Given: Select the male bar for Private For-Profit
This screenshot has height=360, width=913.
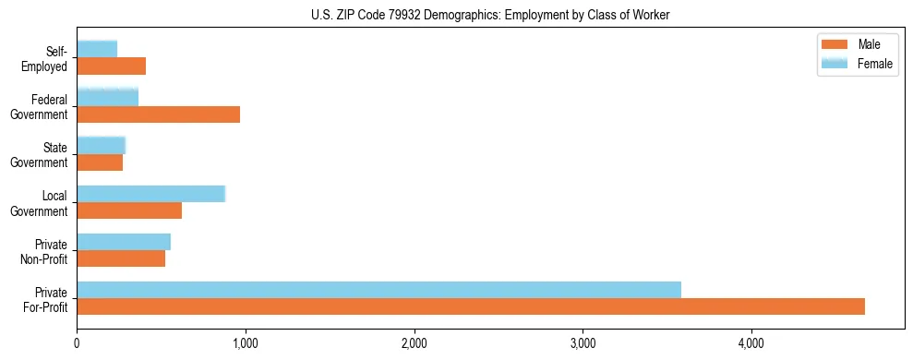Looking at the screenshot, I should pyautogui.click(x=471, y=306).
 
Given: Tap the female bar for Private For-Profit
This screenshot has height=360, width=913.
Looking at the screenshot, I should pyautogui.click(x=378, y=290).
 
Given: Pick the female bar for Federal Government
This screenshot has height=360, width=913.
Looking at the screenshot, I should pyautogui.click(x=107, y=97).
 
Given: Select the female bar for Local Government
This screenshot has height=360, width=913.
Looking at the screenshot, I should pyautogui.click(x=150, y=194).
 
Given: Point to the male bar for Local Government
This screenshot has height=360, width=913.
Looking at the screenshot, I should pyautogui.click(x=129, y=210).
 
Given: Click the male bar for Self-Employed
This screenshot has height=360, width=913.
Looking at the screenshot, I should pyautogui.click(x=111, y=66).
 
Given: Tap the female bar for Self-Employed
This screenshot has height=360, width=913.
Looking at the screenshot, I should pyautogui.click(x=97, y=49).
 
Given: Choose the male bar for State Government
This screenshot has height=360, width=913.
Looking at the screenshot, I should pyautogui.click(x=100, y=162).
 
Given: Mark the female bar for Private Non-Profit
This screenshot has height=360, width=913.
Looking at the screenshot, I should pyautogui.click(x=124, y=242).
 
